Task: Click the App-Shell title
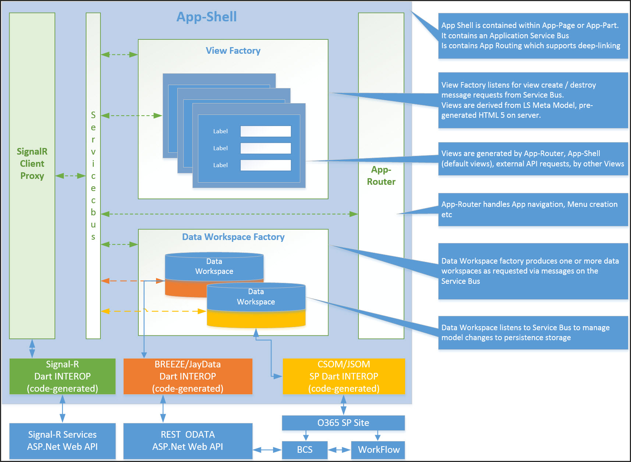pyautogui.click(x=206, y=17)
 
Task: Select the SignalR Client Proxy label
pyautogui.click(x=32, y=163)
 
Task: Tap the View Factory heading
pyautogui.click(x=233, y=51)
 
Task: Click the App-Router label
pyautogui.click(x=381, y=176)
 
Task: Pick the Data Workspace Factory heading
pyautogui.click(x=233, y=237)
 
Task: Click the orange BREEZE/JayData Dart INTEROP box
pyautogui.click(x=188, y=376)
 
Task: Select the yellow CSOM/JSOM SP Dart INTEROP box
pyautogui.click(x=344, y=376)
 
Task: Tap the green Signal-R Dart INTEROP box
pyautogui.click(x=62, y=376)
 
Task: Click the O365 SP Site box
pyautogui.click(x=343, y=423)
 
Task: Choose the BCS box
pyautogui.click(x=305, y=449)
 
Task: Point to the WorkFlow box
pyautogui.click(x=378, y=449)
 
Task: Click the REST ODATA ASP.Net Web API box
pyautogui.click(x=188, y=441)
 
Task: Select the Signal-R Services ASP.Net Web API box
pyautogui.click(x=62, y=441)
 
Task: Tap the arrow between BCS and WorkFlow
pyautogui.click(x=339, y=450)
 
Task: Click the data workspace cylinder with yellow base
pyautogui.click(x=256, y=306)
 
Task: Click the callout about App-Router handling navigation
pyautogui.click(x=533, y=209)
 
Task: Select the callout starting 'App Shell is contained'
pyautogui.click(x=533, y=36)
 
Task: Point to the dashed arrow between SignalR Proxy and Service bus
pyautogui.click(x=70, y=176)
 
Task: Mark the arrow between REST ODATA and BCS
pyautogui.click(x=267, y=450)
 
